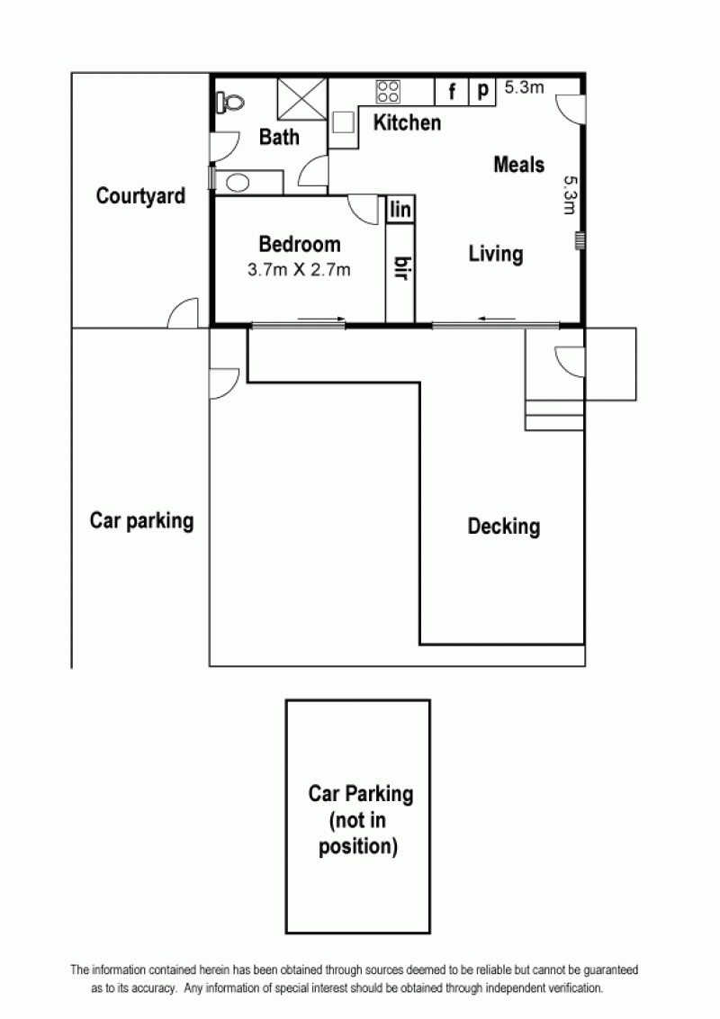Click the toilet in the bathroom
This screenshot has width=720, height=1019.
[230, 102]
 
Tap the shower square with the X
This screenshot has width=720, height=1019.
[302, 99]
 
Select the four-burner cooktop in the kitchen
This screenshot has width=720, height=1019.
[389, 91]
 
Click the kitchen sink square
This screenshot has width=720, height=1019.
[343, 122]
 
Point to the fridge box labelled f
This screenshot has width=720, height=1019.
[452, 91]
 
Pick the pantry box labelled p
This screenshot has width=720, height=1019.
[482, 91]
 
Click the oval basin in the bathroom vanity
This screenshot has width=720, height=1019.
[238, 183]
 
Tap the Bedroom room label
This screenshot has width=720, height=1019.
[300, 244]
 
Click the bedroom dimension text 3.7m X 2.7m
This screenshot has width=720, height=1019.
[299, 269]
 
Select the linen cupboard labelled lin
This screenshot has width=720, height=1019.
[400, 209]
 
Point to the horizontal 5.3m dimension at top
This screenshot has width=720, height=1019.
[524, 86]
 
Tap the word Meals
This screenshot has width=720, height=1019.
[518, 165]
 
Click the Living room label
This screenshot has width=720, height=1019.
[496, 254]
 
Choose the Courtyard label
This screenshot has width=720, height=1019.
[140, 195]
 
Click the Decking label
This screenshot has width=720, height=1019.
[504, 527]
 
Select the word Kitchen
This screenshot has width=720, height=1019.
[407, 122]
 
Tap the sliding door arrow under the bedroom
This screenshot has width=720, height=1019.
[321, 319]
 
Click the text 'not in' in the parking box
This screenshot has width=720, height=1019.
[357, 820]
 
